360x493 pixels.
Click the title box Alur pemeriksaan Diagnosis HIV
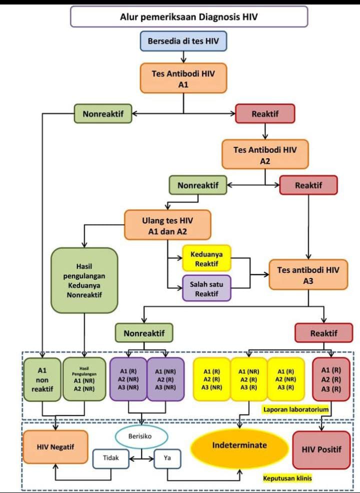pyautogui.click(x=189, y=16)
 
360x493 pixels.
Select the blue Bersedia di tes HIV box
pyautogui.click(x=183, y=41)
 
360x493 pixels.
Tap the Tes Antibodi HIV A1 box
pyautogui.click(x=183, y=78)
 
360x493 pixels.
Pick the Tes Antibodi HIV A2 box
pyautogui.click(x=265, y=154)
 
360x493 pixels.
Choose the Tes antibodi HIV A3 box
pyautogui.click(x=308, y=275)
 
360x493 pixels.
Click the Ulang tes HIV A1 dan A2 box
pyautogui.click(x=167, y=225)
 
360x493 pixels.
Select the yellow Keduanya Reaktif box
pyautogui.click(x=206, y=258)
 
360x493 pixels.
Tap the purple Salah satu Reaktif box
pyautogui.click(x=206, y=288)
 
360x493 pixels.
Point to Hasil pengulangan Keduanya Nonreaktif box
pyautogui.click(x=84, y=280)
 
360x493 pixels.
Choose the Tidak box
pyautogui.click(x=111, y=458)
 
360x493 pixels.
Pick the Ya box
pyautogui.click(x=167, y=458)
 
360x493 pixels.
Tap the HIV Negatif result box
pyautogui.click(x=55, y=447)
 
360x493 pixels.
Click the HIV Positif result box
pyautogui.click(x=321, y=449)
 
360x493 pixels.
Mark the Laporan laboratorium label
pyautogui.click(x=296, y=409)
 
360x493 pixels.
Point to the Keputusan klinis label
pyautogui.click(x=287, y=478)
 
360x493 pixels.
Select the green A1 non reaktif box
pyautogui.click(x=42, y=379)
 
